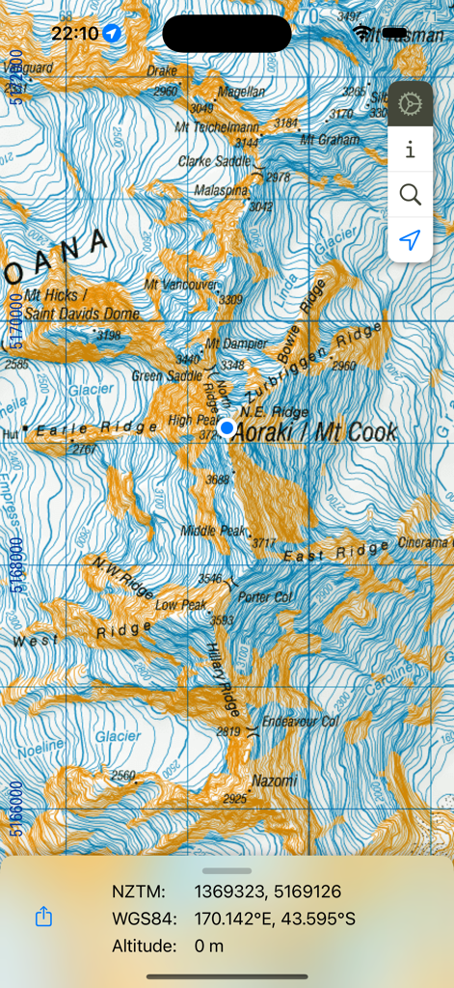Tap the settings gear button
[410, 104]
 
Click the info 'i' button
[410, 150]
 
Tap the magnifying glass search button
[410, 195]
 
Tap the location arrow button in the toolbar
[410, 240]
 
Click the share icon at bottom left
[43, 918]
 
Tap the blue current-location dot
[227, 426]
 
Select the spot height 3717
[264, 544]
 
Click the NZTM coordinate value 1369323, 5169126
[267, 892]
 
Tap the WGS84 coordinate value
[274, 919]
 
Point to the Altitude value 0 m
[209, 946]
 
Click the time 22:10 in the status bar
[75, 33]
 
